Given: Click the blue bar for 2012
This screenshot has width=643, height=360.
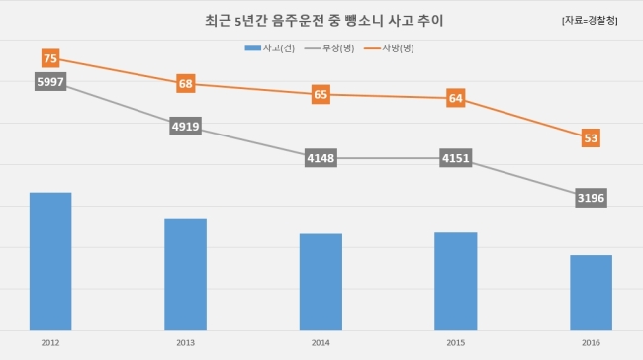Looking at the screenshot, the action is (50, 261).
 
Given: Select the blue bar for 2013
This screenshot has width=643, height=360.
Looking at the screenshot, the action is (185, 274).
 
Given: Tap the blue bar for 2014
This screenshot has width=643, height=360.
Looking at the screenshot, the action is (321, 282).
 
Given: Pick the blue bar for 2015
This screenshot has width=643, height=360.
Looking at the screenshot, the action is (456, 281).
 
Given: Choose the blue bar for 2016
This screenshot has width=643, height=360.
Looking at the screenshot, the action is (591, 293).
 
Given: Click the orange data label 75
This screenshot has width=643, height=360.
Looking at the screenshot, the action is (50, 58).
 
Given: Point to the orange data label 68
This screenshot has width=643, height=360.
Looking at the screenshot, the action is (186, 84).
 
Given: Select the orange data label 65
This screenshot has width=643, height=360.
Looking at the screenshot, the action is (321, 94).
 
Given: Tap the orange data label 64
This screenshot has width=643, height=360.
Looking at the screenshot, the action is (456, 98).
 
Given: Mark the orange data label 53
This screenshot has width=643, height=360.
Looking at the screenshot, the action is (591, 138).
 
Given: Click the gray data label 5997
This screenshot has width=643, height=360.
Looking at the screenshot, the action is (50, 82).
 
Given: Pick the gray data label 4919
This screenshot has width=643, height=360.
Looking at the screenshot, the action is (186, 126).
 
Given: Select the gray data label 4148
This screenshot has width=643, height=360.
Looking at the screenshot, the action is (321, 158).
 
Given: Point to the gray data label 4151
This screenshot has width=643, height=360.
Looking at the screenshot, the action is (456, 158).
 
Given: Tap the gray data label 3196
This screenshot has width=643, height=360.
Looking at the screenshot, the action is (591, 198).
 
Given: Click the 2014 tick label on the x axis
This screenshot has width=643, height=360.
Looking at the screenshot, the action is (321, 343).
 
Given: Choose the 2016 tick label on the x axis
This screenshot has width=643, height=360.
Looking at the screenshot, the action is (591, 343).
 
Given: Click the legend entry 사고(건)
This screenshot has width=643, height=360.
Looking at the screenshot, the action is (270, 48).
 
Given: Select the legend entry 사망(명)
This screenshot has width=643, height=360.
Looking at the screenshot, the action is (389, 48).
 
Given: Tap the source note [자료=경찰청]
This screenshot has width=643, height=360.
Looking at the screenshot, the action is (590, 20).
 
